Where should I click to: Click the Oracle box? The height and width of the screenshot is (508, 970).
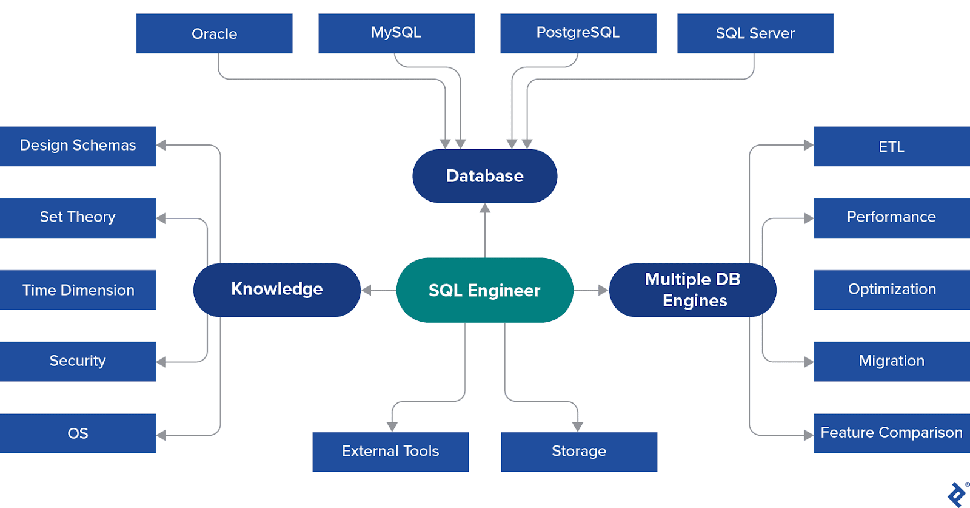pyautogui.click(x=214, y=33)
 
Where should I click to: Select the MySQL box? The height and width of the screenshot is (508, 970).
pyautogui.click(x=396, y=33)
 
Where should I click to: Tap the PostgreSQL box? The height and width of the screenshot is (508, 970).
pyautogui.click(x=578, y=33)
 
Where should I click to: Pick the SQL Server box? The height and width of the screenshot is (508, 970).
pyautogui.click(x=755, y=33)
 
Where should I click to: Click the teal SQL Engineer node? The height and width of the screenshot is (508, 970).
pyautogui.click(x=484, y=290)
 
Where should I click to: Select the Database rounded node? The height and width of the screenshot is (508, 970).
pyautogui.click(x=484, y=176)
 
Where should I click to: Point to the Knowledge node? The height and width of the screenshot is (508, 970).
pyautogui.click(x=277, y=290)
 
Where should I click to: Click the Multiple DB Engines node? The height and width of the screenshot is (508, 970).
pyautogui.click(x=692, y=290)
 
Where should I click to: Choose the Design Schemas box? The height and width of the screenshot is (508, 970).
pyautogui.click(x=78, y=146)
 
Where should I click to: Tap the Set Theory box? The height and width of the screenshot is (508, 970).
pyautogui.click(x=78, y=217)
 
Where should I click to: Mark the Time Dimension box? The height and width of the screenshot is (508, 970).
pyautogui.click(x=78, y=290)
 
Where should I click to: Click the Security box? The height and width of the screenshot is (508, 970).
pyautogui.click(x=78, y=361)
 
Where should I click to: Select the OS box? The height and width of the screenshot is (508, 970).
pyautogui.click(x=78, y=433)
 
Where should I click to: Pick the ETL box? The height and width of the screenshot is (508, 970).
pyautogui.click(x=891, y=146)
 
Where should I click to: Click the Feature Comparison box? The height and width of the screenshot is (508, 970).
pyautogui.click(x=891, y=433)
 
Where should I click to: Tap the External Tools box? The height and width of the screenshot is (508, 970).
pyautogui.click(x=390, y=452)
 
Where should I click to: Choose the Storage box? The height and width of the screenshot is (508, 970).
pyautogui.click(x=579, y=452)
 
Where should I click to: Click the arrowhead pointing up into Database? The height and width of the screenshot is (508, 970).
pyautogui.click(x=485, y=208)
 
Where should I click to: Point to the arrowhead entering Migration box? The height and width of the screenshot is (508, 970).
pyautogui.click(x=808, y=362)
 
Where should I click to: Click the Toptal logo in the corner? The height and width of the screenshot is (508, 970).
pyautogui.click(x=957, y=494)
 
